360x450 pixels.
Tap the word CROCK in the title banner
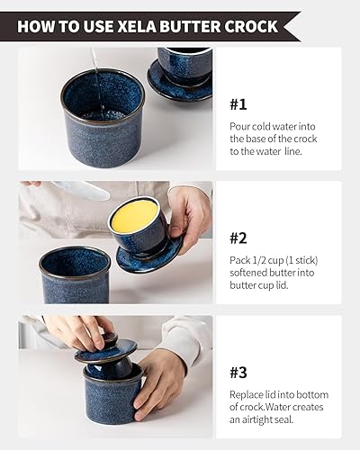245,26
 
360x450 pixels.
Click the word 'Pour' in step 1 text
240,126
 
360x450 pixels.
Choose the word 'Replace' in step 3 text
249,394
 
